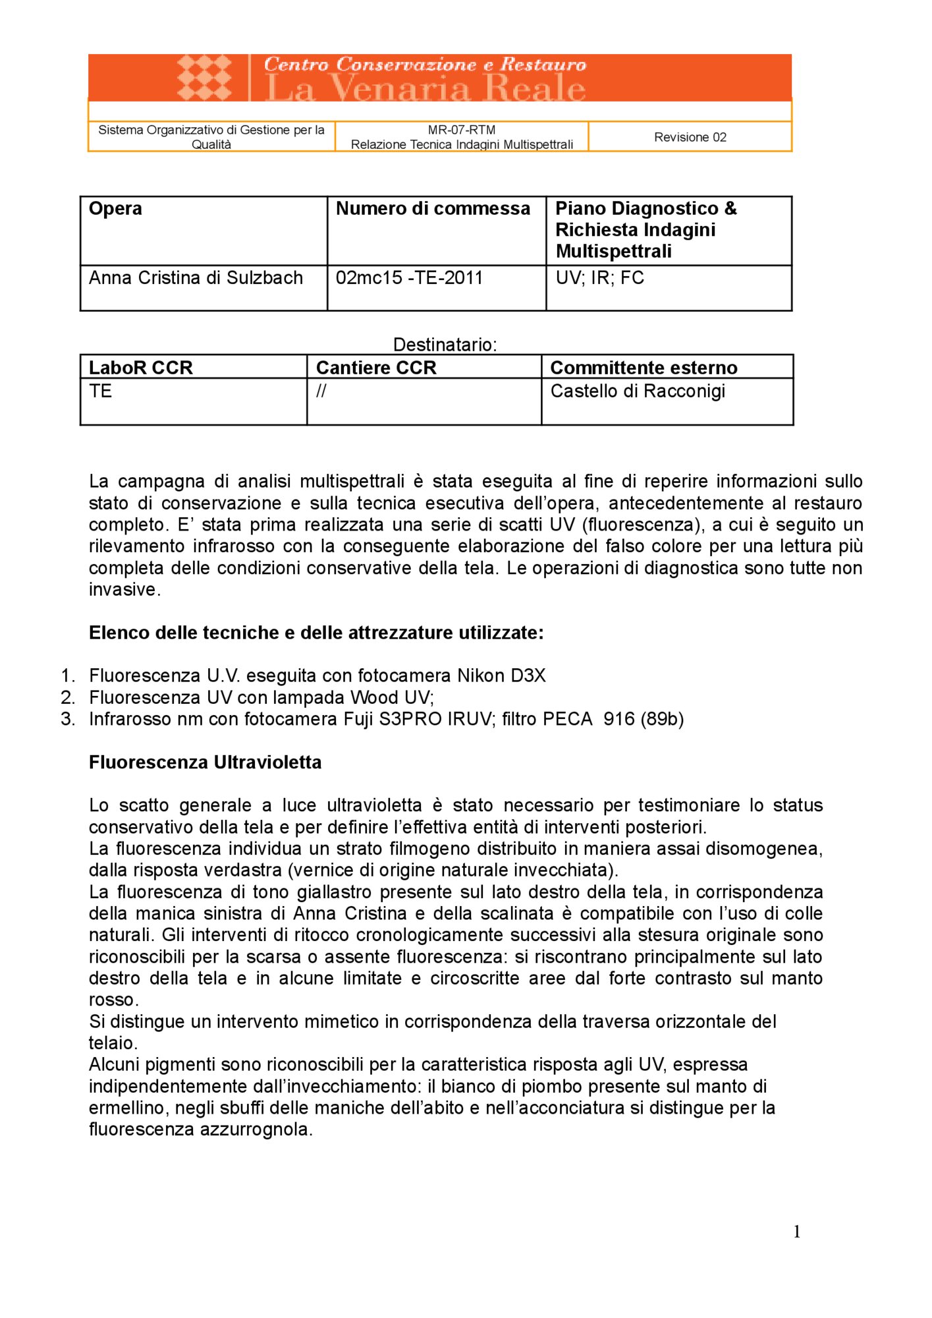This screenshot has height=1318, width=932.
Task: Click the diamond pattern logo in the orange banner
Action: tap(205, 78)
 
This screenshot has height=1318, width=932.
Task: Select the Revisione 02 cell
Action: tap(690, 137)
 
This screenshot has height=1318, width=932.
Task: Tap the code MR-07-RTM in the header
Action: tap(461, 130)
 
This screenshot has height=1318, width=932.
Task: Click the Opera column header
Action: tap(115, 208)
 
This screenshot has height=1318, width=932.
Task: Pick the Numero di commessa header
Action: tap(433, 208)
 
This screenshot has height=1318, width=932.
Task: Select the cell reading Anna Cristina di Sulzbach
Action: tap(196, 277)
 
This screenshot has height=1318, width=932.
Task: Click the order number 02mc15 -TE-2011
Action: tap(409, 277)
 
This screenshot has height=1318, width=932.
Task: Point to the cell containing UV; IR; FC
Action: tap(599, 277)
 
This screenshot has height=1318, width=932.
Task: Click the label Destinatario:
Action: tap(445, 344)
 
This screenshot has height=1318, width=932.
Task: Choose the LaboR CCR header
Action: tap(140, 367)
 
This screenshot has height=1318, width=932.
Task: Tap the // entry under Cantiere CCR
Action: tap(321, 391)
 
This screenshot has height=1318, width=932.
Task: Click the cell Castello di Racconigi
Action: tap(637, 391)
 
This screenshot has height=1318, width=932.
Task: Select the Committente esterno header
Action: tap(643, 367)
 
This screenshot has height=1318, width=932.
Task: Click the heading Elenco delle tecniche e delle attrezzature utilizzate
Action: tap(316, 633)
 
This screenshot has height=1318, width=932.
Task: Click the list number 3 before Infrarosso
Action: tap(67, 718)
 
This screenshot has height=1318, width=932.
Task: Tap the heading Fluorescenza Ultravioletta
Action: tap(205, 762)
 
